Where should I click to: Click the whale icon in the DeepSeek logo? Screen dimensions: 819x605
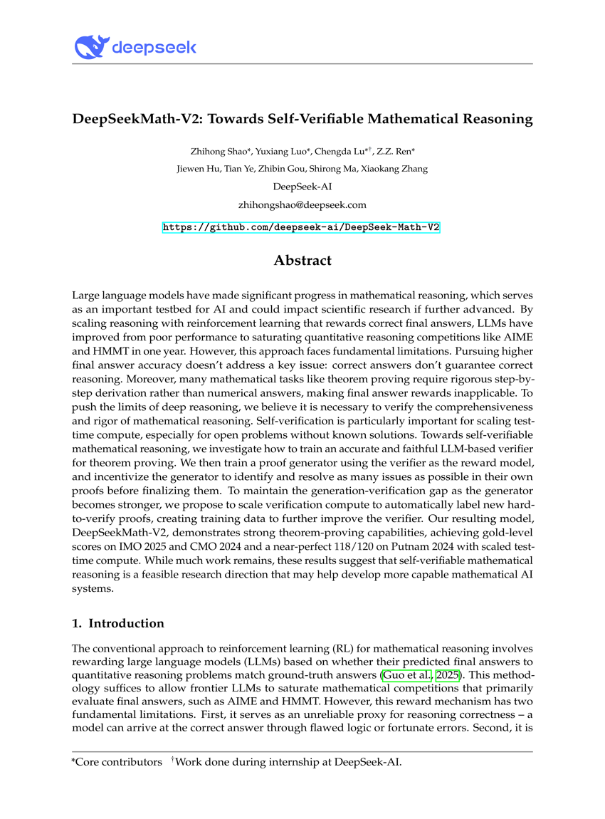[90, 48]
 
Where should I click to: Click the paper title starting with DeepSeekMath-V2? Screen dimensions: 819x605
[302, 119]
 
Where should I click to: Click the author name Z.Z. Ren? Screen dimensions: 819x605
[398, 152]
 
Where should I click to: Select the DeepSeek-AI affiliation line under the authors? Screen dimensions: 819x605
[302, 187]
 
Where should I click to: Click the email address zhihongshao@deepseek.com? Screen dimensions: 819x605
[302, 204]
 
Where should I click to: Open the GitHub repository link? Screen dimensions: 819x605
[302, 227]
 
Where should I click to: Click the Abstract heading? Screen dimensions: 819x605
[302, 261]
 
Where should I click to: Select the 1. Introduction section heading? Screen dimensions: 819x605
[118, 623]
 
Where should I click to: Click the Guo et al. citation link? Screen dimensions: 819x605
[408, 675]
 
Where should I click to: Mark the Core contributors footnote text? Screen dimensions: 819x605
[117, 763]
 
